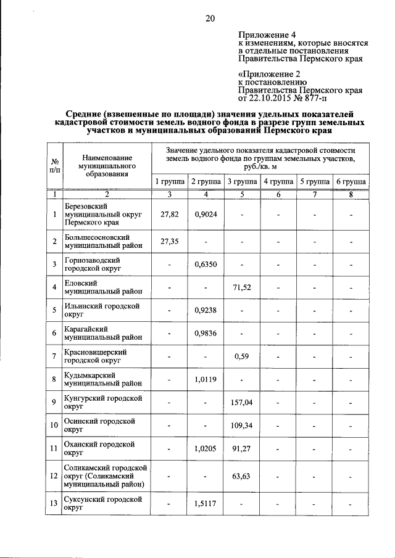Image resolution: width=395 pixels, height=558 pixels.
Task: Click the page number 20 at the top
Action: (210, 18)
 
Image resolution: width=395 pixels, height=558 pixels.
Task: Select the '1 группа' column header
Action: (168, 182)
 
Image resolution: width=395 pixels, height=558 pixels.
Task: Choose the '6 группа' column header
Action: (351, 182)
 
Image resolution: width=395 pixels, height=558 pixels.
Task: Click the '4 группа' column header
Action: (278, 182)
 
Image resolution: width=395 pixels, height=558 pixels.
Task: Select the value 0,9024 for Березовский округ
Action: (205, 214)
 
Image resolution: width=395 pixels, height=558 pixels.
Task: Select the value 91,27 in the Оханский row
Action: (241, 449)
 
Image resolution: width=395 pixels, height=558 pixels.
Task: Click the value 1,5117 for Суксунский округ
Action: (205, 504)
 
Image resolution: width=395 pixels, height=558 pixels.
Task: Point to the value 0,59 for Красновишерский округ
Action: (241, 356)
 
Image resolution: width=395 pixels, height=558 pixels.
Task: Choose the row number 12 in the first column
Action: (55, 476)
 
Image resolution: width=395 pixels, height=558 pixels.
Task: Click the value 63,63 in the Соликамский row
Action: (241, 476)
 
